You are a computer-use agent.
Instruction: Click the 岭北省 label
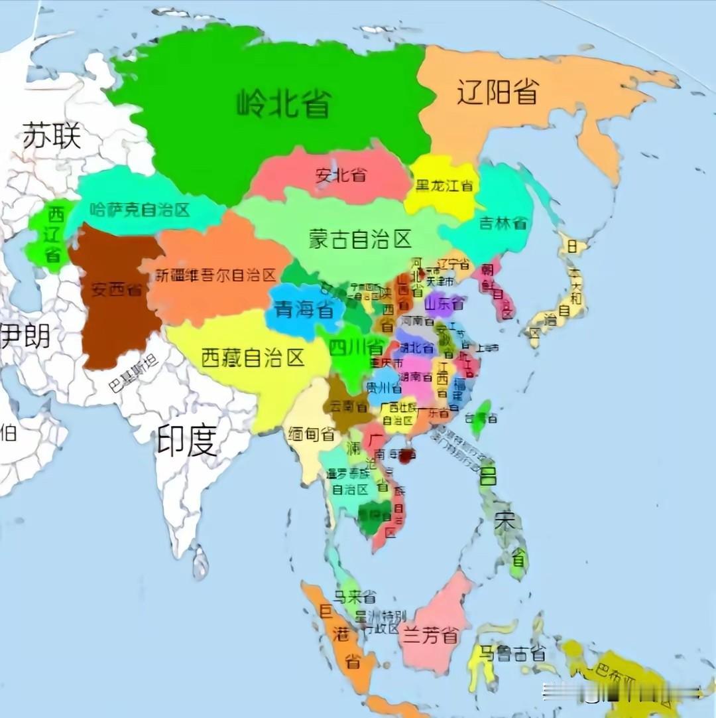[x=284, y=104]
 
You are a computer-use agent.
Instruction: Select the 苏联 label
[x=52, y=135]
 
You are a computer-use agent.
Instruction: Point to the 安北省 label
[x=341, y=176]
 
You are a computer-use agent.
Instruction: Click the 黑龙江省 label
[x=444, y=186]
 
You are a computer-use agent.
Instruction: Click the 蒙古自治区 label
[x=360, y=239]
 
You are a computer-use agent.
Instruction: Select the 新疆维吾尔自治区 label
[x=216, y=275]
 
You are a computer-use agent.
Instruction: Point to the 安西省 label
[x=117, y=290]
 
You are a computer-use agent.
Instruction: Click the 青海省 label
[x=304, y=309]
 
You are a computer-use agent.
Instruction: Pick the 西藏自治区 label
[x=253, y=358]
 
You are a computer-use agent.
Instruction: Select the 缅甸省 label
[x=311, y=434]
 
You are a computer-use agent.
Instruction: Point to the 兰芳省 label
[x=430, y=636]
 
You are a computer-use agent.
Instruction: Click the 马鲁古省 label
[x=513, y=653]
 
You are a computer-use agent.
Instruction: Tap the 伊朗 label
[x=25, y=335]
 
